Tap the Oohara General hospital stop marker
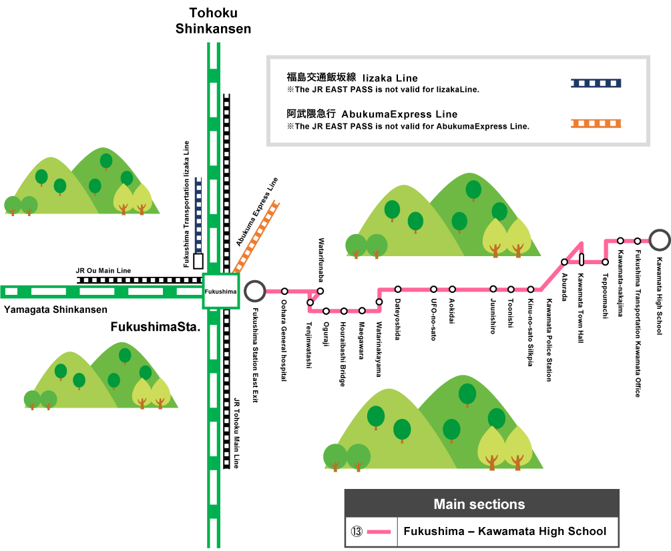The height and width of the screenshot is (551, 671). [284, 292]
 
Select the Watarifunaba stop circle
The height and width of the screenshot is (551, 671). [320, 291]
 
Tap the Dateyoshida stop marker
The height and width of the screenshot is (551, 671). [398, 290]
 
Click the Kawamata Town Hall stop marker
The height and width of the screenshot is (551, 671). [582, 259]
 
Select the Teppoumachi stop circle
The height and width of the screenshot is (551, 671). [605, 262]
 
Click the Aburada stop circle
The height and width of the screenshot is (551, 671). [564, 262]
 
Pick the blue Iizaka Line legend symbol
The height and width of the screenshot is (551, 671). [596, 83]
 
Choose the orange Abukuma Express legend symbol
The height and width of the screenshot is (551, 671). [596, 123]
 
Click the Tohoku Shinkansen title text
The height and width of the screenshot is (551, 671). [213, 21]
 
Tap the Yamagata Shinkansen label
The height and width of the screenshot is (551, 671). [55, 310]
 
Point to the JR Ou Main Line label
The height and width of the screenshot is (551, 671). [103, 271]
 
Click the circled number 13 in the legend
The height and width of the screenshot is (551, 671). [357, 532]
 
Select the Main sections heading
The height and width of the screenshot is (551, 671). [479, 504]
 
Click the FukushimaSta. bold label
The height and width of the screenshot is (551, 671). [156, 327]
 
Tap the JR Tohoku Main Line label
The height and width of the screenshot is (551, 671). [236, 434]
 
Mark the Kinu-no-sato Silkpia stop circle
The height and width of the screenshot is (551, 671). [531, 290]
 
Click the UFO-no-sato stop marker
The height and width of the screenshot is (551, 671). [433, 290]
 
